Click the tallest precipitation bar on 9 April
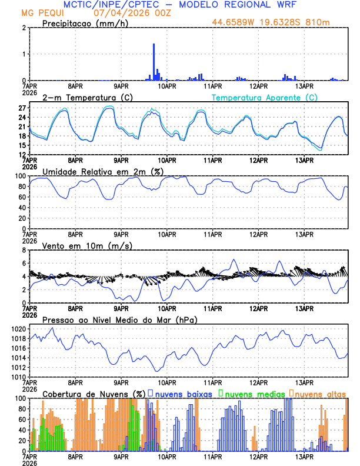point(154,62)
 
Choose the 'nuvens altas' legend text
point(320,392)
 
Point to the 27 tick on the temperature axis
point(22,108)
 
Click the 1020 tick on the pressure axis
point(18,329)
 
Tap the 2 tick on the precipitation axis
point(24,28)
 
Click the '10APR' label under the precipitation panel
point(166,85)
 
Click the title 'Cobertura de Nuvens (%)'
point(94,393)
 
